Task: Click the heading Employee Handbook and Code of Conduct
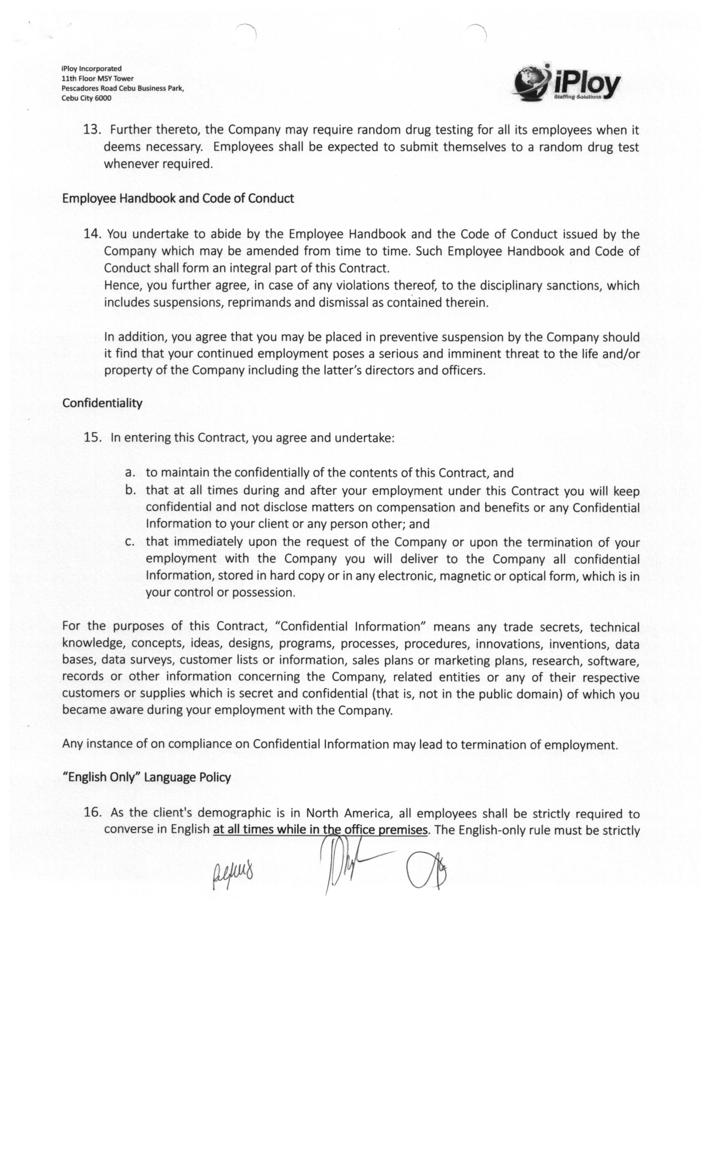(178, 198)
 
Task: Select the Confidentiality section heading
(102, 403)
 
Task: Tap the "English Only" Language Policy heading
(146, 777)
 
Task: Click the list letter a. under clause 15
(130, 473)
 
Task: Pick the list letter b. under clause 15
(130, 490)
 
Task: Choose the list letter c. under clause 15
(130, 541)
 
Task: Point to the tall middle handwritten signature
(347, 862)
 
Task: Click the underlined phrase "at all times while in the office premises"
(320, 829)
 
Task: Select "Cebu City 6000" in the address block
(86, 98)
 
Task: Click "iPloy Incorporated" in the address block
(91, 69)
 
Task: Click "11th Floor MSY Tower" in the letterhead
(97, 79)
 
